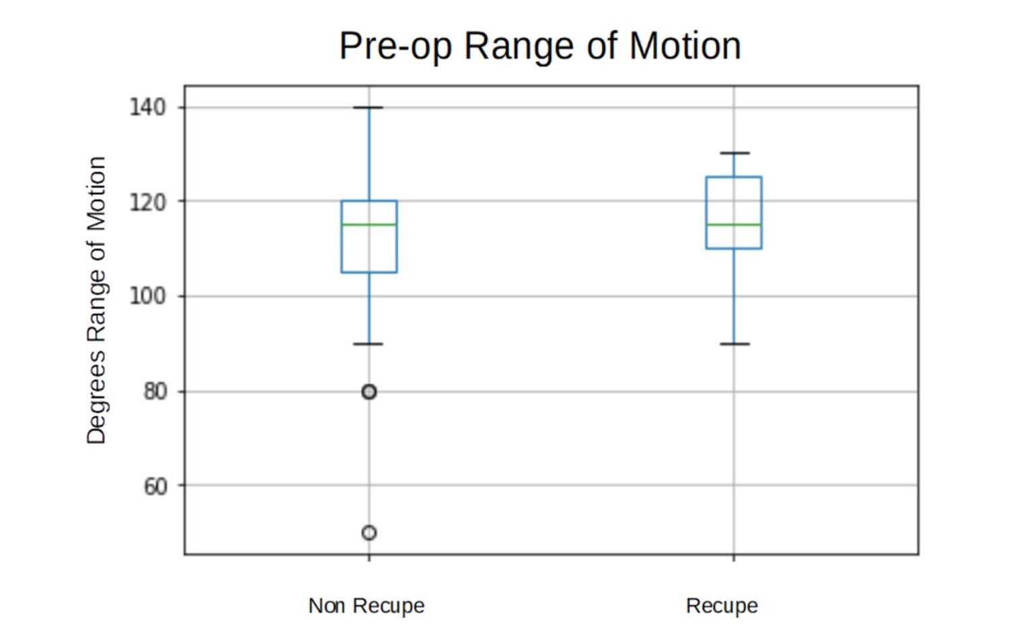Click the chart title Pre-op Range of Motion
(x=540, y=46)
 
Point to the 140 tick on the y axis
(x=147, y=107)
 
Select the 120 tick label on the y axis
(x=147, y=202)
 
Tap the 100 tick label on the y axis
(x=147, y=296)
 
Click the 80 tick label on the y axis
(x=155, y=391)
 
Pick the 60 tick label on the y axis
(x=155, y=485)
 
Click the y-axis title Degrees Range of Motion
(x=96, y=300)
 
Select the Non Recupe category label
(x=367, y=606)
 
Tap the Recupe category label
(x=722, y=606)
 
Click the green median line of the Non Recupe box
(x=369, y=225)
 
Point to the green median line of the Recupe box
(x=734, y=225)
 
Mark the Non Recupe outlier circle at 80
(x=369, y=391)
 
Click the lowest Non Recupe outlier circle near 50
(x=369, y=532)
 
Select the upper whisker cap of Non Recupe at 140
(x=369, y=108)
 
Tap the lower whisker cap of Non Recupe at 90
(x=369, y=344)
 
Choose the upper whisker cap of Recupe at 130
(x=734, y=153)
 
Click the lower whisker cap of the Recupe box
(x=734, y=344)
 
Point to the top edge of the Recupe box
(x=734, y=177)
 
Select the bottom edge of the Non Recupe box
(x=369, y=272)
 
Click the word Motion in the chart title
(x=685, y=46)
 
